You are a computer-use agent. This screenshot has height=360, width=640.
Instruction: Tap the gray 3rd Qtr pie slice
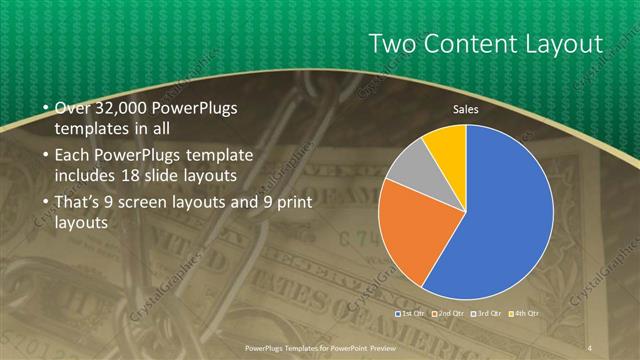click(x=407, y=167)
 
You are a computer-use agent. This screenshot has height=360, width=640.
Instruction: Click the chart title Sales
click(x=465, y=108)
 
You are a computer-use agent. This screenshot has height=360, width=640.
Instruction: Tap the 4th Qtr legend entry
click(x=526, y=313)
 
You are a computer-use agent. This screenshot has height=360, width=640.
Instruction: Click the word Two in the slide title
click(x=394, y=44)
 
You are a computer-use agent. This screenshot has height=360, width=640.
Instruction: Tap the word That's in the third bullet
click(x=75, y=202)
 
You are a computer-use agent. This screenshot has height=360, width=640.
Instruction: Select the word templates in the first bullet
click(x=90, y=128)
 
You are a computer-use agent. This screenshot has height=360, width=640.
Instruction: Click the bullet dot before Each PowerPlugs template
click(x=44, y=158)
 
